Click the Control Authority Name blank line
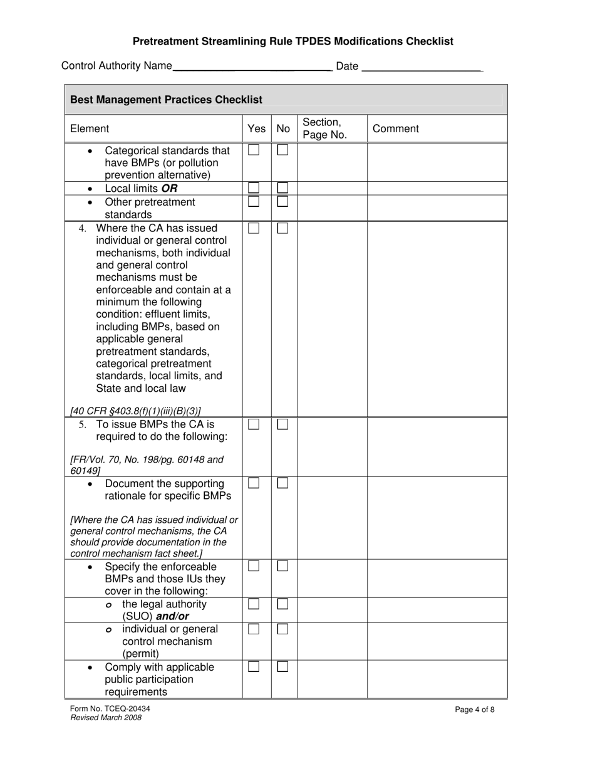(252, 66)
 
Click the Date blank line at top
(422, 66)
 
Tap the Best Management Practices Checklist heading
(166, 100)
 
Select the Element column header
(90, 128)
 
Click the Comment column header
(396, 128)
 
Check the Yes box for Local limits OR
(254, 188)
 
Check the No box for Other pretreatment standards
(283, 202)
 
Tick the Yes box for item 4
(254, 228)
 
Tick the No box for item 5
(283, 424)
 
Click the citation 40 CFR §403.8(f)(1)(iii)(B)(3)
(136, 411)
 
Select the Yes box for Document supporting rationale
(254, 483)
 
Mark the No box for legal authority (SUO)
(283, 604)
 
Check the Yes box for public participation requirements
(254, 667)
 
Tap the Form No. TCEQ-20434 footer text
(110, 709)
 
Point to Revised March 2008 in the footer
(106, 718)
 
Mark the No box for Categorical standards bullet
(283, 150)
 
